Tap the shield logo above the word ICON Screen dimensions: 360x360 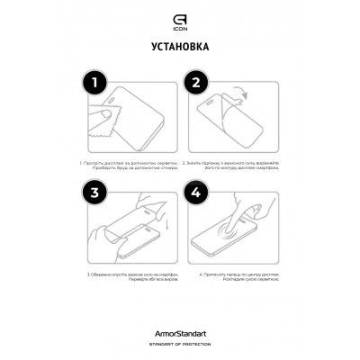point(180,13)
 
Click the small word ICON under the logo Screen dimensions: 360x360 point(180,22)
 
